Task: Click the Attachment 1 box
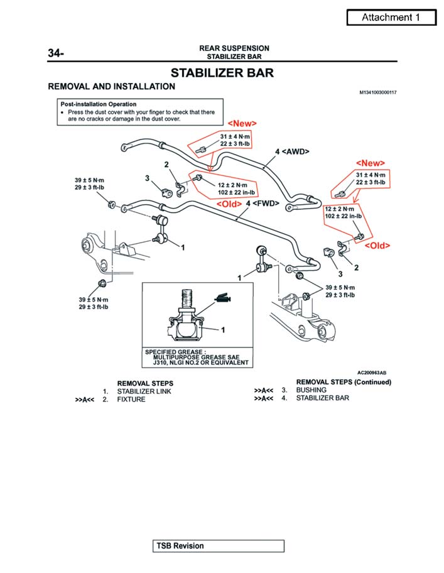tap(391, 18)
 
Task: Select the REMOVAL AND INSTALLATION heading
tap(112, 87)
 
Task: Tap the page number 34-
tap(56, 53)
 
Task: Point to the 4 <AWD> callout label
tap(292, 151)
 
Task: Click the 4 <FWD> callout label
tap(263, 204)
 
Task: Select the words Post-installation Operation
tap(98, 104)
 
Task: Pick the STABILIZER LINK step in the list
tap(144, 391)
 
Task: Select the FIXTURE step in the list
tap(131, 400)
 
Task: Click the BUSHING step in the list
tap(311, 390)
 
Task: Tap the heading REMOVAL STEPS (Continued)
tap(344, 382)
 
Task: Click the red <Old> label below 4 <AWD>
tap(229, 204)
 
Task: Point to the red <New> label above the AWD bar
tap(242, 123)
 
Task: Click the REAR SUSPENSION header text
tap(234, 48)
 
